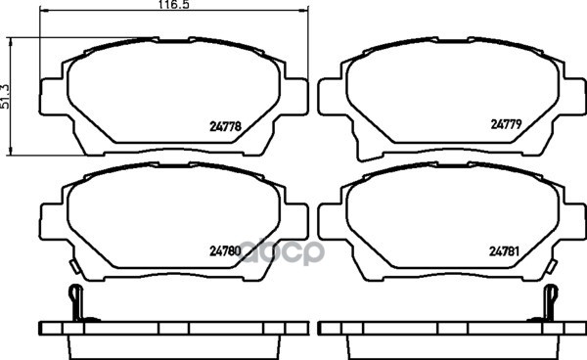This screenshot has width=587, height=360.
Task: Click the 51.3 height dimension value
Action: click(x=5, y=96)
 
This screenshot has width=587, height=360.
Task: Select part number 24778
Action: click(x=225, y=126)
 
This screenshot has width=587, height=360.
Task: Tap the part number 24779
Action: click(x=506, y=124)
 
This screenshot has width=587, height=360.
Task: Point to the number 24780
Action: click(x=225, y=251)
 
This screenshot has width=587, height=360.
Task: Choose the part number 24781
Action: click(x=504, y=251)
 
